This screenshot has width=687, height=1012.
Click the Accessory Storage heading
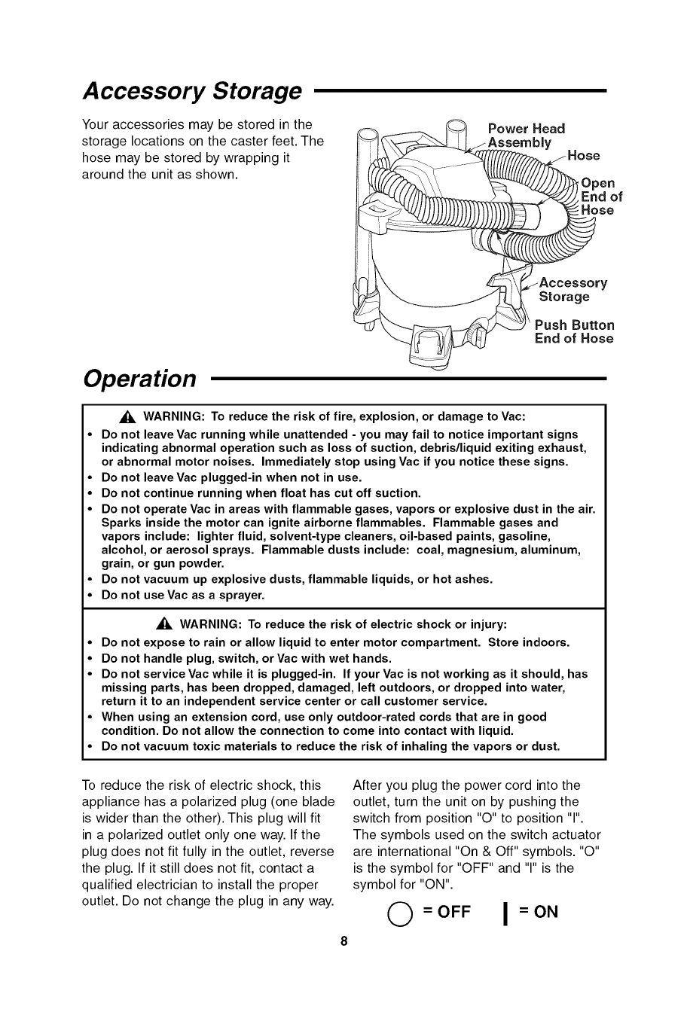pyautogui.click(x=191, y=91)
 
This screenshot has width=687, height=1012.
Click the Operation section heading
pyautogui.click(x=141, y=378)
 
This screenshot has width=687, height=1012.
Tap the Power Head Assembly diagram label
pyautogui.click(x=526, y=136)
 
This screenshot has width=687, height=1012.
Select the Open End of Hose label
pyautogui.click(x=597, y=197)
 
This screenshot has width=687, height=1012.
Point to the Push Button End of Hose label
pyautogui.click(x=574, y=332)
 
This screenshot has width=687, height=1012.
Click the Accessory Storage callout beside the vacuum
pyautogui.click(x=572, y=290)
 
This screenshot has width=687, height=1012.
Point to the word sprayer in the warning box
pyautogui.click(x=241, y=596)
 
